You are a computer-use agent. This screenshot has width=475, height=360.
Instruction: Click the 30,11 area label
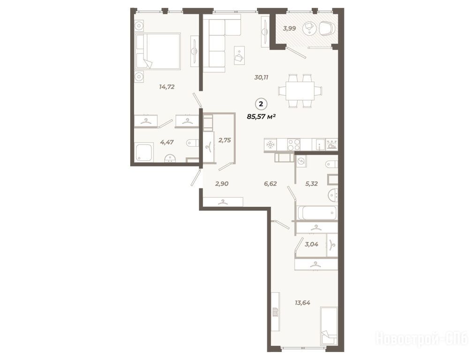[x=262, y=77]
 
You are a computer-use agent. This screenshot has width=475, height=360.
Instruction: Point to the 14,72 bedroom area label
[x=166, y=87]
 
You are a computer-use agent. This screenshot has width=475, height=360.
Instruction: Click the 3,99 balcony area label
[x=289, y=29]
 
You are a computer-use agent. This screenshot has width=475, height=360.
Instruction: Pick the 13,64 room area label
[x=302, y=302]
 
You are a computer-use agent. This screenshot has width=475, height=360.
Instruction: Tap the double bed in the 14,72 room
[x=158, y=52]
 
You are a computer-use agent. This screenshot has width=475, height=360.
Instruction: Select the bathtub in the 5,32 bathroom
[x=317, y=213]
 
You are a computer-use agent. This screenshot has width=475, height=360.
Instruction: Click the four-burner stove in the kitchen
[x=294, y=144]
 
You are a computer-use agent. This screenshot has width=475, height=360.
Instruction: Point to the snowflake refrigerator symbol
[x=269, y=144]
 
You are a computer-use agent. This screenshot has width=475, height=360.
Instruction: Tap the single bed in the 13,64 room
[x=329, y=326]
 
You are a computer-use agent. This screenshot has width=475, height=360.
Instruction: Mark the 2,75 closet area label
[x=225, y=140]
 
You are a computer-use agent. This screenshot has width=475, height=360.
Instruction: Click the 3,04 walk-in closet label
[x=311, y=244]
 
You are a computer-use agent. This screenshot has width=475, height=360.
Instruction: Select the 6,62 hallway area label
[x=270, y=183]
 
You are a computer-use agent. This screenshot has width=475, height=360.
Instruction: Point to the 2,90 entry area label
[x=221, y=183]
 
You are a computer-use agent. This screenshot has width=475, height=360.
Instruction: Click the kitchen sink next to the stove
[x=319, y=144]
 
